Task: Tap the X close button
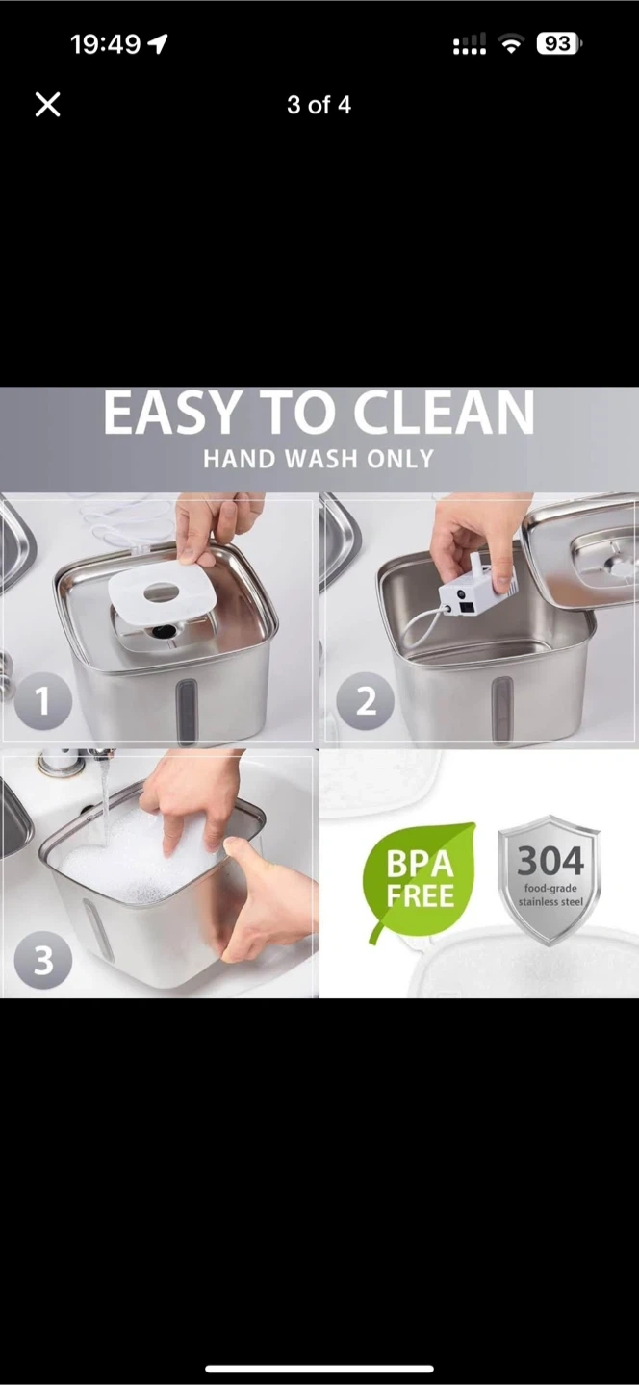pyautogui.click(x=47, y=105)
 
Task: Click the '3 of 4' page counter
pyautogui.click(x=319, y=105)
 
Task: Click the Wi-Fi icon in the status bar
pyautogui.click(x=511, y=44)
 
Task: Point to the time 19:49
pyautogui.click(x=105, y=44)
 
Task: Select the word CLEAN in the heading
pyautogui.click(x=444, y=413)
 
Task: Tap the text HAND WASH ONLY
pyautogui.click(x=319, y=459)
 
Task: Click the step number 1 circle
pyautogui.click(x=42, y=701)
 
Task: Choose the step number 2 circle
pyautogui.click(x=365, y=701)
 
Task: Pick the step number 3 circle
pyautogui.click(x=42, y=960)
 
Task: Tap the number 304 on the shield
pyautogui.click(x=550, y=861)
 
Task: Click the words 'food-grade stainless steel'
pyautogui.click(x=550, y=894)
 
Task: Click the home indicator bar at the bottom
pyautogui.click(x=319, y=1369)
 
